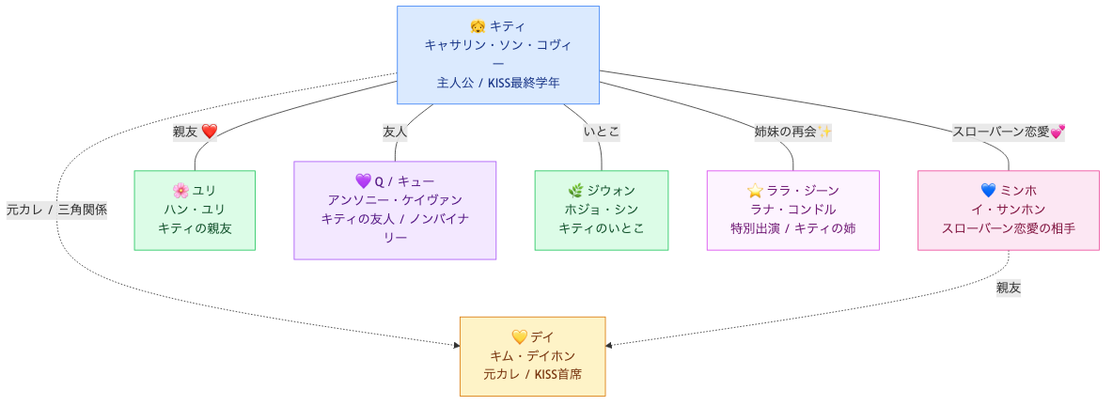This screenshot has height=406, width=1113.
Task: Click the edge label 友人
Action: pos(395,132)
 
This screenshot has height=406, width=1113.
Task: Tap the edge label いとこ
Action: pos(602,132)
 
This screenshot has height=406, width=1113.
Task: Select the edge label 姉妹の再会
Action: pos(785,132)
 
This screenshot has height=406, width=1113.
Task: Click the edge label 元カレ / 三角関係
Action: pos(56,210)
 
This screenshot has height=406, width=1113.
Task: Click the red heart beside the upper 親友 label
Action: pos(209,132)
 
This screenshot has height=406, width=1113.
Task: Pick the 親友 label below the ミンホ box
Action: pos(1009,288)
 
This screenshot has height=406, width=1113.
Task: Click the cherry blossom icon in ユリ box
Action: pos(181,191)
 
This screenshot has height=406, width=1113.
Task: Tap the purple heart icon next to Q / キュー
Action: pos(363,181)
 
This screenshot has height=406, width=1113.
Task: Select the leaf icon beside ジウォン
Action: pos(575,191)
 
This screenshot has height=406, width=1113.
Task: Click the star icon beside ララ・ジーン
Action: pos(753,191)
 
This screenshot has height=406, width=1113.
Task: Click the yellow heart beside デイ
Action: pos(519,336)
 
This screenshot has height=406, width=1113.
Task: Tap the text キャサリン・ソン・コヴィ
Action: pos(498,45)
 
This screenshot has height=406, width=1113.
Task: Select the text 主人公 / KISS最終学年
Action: pos(498,83)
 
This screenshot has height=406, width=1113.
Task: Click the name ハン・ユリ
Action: pos(195,210)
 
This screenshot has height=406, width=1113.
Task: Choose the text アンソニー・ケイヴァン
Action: pos(395,200)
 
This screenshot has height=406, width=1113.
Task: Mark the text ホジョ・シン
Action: pos(602,210)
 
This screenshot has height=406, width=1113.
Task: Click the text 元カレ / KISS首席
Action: pos(532,374)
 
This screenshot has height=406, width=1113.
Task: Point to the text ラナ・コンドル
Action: pos(792,210)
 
